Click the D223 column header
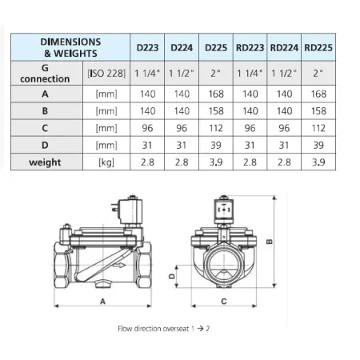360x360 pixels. pos(147,48)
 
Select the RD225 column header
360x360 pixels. pos(318,48)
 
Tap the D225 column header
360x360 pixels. pos(216,48)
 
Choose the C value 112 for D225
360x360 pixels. pos(216,127)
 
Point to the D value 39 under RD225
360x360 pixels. pos(318,145)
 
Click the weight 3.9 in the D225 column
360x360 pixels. pos(216,162)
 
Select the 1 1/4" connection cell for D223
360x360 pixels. pos(147,74)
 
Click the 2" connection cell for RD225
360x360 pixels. pos(318,74)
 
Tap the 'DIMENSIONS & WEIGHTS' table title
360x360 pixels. pos(70,46)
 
